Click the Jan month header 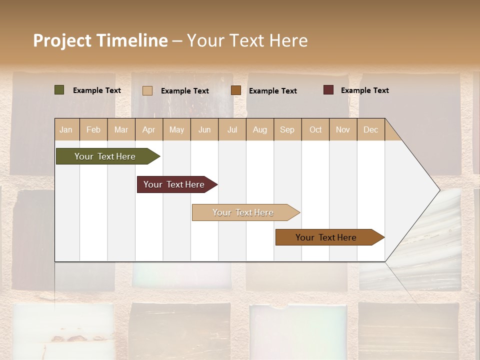pyautogui.click(x=66, y=129)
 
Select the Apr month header pyautogui.click(x=149, y=129)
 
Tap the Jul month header pyautogui.click(x=232, y=129)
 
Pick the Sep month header pyautogui.click(x=287, y=129)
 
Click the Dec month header pyautogui.click(x=370, y=129)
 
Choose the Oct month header pyautogui.click(x=315, y=129)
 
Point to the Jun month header pyautogui.click(x=204, y=129)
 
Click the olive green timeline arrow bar pyautogui.click(x=105, y=156)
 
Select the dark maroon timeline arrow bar pyautogui.click(x=174, y=184)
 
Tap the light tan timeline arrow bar pyautogui.click(x=243, y=212)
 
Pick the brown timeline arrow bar pyautogui.click(x=326, y=237)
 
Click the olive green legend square pyautogui.click(x=59, y=90)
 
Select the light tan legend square pyautogui.click(x=147, y=90)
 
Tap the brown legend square pyautogui.click(x=236, y=90)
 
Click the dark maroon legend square pyautogui.click(x=328, y=90)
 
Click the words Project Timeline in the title pyautogui.click(x=100, y=40)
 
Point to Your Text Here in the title pyautogui.click(x=247, y=40)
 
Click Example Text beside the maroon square pyautogui.click(x=364, y=90)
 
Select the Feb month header pyautogui.click(x=93, y=129)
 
